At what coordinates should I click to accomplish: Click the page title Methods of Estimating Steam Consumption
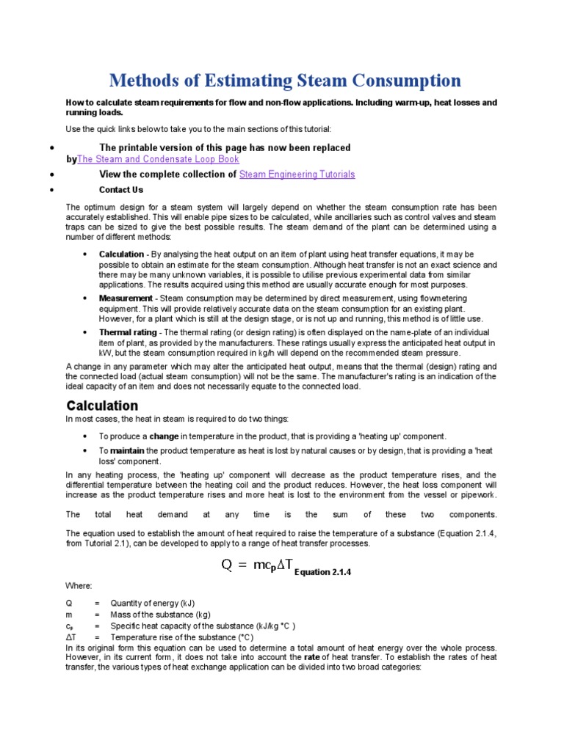[285, 80]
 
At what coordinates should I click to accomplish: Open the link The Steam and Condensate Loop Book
[158, 159]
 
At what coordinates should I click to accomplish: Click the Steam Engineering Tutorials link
[297, 175]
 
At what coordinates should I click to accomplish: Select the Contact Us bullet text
[121, 190]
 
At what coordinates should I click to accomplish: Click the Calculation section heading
[102, 406]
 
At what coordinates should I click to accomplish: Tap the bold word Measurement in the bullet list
[126, 298]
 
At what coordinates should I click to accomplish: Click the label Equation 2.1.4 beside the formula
[323, 573]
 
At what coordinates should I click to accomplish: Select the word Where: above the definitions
[79, 586]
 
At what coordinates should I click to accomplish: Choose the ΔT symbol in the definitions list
[70, 638]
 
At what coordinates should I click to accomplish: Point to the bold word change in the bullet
[164, 436]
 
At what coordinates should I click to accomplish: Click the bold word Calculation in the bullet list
[122, 254]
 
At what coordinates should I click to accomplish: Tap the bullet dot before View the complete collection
[51, 175]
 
